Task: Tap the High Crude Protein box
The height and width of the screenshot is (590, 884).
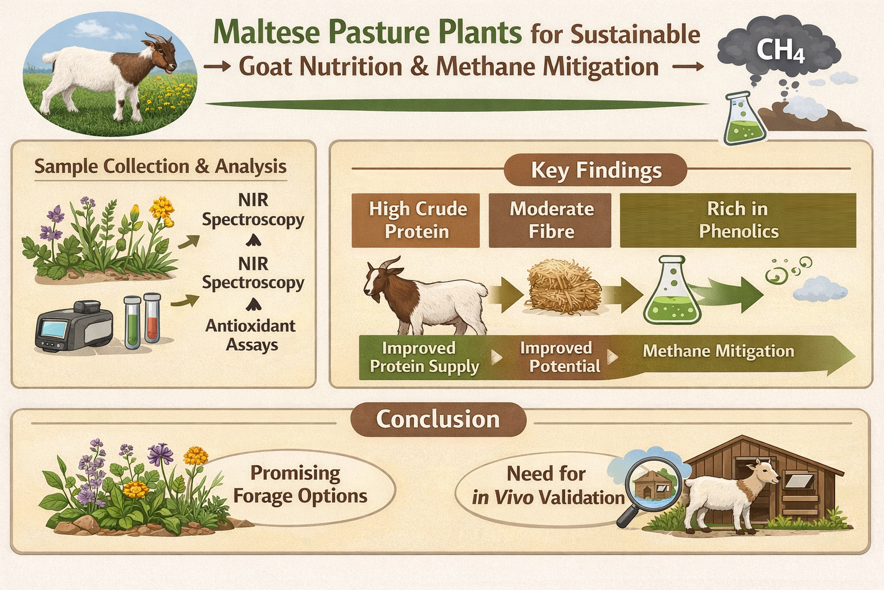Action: (416, 220)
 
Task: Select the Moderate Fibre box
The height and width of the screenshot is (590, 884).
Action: (550, 220)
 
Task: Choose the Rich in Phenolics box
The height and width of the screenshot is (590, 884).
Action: (738, 220)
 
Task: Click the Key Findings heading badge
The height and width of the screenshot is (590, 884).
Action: (596, 170)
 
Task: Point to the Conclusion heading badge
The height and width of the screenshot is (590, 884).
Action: (438, 419)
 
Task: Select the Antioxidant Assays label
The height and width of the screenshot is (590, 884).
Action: (251, 335)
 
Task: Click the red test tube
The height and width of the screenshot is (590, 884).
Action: (152, 318)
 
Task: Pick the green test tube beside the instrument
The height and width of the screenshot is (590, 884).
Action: (132, 323)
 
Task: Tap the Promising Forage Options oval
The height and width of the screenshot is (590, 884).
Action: (299, 485)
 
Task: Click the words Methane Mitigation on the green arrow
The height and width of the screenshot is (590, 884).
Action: (718, 351)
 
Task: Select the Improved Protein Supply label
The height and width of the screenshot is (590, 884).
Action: (424, 357)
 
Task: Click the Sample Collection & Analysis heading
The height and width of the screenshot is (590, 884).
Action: (160, 167)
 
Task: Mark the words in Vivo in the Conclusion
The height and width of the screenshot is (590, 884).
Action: (502, 497)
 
